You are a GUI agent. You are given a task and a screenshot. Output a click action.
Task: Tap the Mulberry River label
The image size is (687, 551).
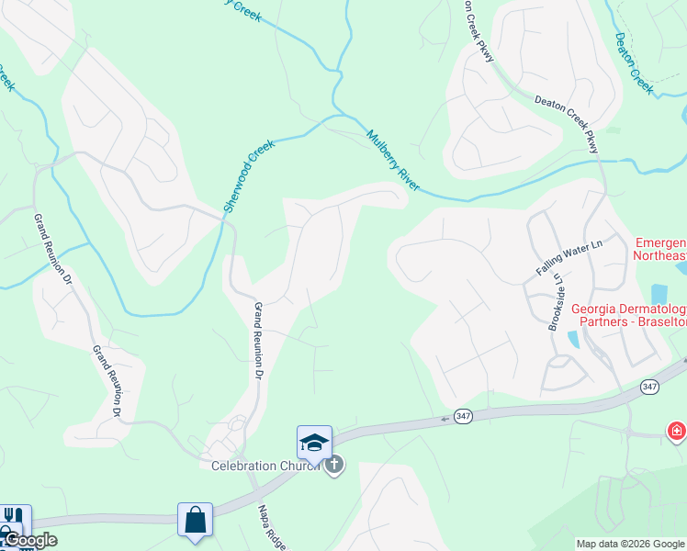pos(392,160)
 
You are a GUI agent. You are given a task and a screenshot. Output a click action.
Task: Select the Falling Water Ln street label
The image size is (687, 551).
pos(568,258)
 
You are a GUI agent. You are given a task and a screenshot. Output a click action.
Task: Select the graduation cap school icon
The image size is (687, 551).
pos(314,442)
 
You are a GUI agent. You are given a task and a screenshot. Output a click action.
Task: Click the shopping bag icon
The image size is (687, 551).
pos(196,520)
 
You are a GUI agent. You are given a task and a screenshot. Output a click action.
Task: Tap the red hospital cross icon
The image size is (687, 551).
pos(676,431)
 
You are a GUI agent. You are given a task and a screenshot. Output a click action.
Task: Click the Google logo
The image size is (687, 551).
pos(29,540)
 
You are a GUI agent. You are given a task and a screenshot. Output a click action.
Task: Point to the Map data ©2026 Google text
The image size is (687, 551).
pos(630,544)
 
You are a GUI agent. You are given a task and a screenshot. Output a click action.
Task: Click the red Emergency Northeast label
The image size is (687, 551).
pos(660,249)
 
